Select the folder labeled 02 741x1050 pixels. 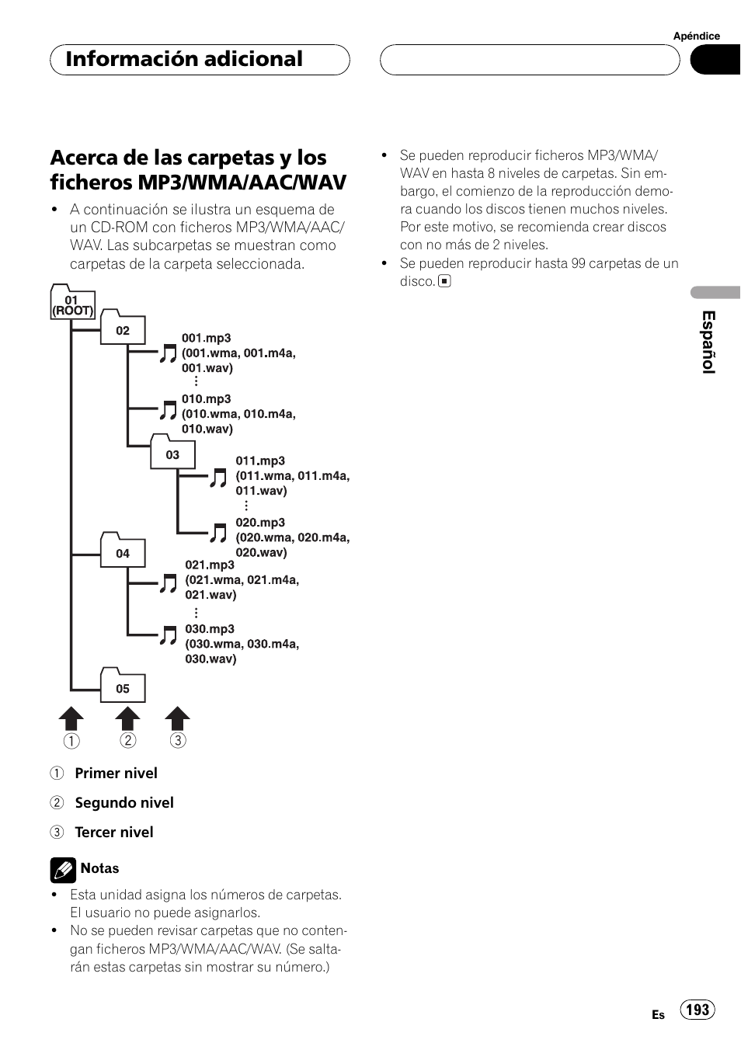pyautogui.click(x=123, y=329)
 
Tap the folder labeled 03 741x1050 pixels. pyautogui.click(x=172, y=454)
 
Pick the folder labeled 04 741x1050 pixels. pyautogui.click(x=123, y=552)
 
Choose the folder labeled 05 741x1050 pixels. pyautogui.click(x=123, y=687)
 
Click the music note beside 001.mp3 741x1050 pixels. pyautogui.click(x=168, y=353)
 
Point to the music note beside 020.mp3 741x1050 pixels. pyautogui.click(x=218, y=532)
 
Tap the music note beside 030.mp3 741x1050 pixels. pyautogui.click(x=168, y=635)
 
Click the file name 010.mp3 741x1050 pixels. pyautogui.click(x=206, y=399)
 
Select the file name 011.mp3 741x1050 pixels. pyautogui.click(x=260, y=461)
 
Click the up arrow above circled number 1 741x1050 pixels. pyautogui.click(x=71, y=718)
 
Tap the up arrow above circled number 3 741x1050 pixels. pyautogui.click(x=178, y=718)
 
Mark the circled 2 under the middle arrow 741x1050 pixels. pyautogui.click(x=128, y=740)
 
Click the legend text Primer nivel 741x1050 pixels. pyautogui.click(x=116, y=773)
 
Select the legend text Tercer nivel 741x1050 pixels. pyautogui.click(x=113, y=832)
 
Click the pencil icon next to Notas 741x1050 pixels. pyautogui.click(x=63, y=870)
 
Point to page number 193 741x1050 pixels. pyautogui.click(x=698, y=1009)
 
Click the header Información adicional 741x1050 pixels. pyautogui.click(x=184, y=59)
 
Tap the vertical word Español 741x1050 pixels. pyautogui.click(x=708, y=342)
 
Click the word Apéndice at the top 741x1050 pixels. pyautogui.click(x=696, y=36)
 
